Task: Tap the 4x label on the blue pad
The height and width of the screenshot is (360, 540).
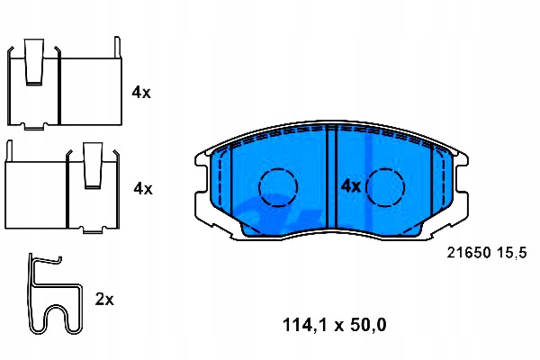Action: click(x=351, y=186)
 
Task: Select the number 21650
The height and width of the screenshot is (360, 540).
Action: click(x=468, y=253)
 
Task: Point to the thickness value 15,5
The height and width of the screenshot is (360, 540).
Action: click(x=512, y=253)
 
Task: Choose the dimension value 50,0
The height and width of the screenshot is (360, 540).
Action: click(x=368, y=325)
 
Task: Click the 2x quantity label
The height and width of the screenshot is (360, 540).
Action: click(x=104, y=300)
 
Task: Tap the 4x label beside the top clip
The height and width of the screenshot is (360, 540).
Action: click(x=141, y=93)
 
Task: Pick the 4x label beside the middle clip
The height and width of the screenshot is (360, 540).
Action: click(x=143, y=188)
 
